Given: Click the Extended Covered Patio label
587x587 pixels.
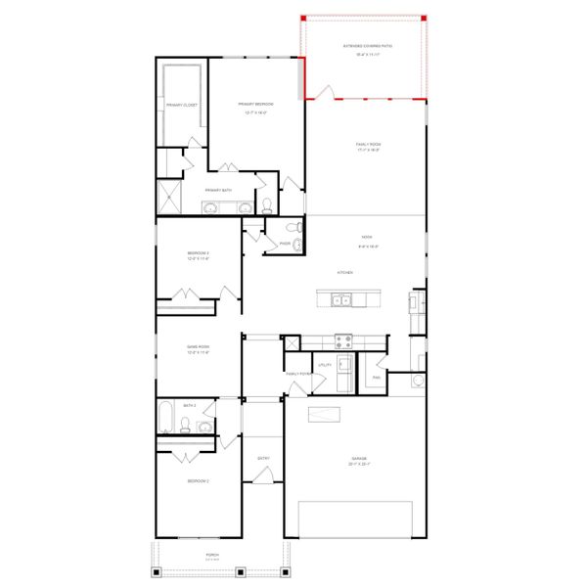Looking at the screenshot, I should click(x=367, y=45).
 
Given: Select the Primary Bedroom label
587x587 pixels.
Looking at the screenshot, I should click(x=255, y=104).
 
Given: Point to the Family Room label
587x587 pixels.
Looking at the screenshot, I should click(x=367, y=144).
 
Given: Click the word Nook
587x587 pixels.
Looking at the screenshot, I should click(x=366, y=236).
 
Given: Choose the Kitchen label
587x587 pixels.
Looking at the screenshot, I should click(x=344, y=272).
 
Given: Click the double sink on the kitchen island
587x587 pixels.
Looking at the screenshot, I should click(x=341, y=300).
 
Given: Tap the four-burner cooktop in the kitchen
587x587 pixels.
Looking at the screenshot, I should click(x=344, y=341).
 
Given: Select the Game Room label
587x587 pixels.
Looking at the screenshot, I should click(x=199, y=346).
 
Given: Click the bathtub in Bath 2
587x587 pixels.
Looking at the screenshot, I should click(x=166, y=419).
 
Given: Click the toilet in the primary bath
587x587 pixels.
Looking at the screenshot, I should click(x=266, y=205).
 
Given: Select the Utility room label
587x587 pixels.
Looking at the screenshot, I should click(x=326, y=364).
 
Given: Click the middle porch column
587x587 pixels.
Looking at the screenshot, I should click(x=220, y=572).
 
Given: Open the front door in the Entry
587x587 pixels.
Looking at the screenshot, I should click(x=261, y=475).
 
